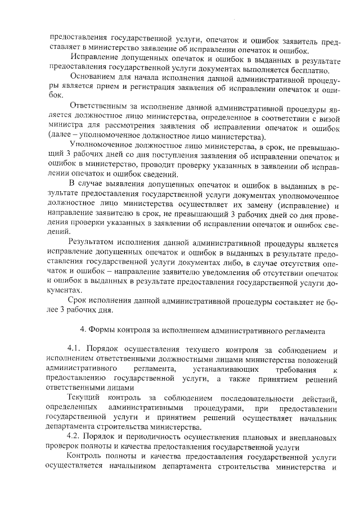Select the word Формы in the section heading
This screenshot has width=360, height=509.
pyautogui.click(x=104, y=329)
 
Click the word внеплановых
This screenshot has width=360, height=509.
pyautogui.click(x=312, y=436)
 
